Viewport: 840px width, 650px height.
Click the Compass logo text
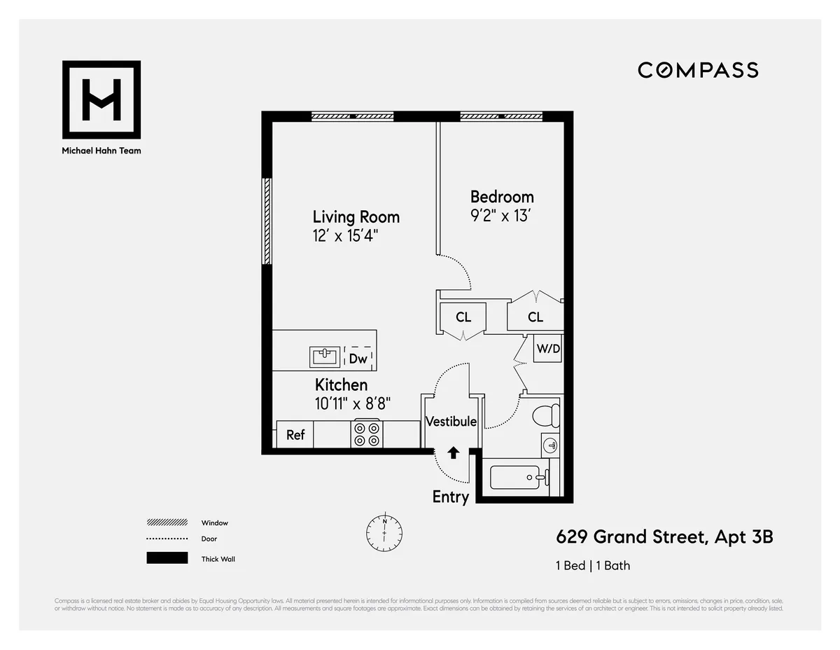click(698, 70)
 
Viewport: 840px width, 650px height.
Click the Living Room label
click(356, 216)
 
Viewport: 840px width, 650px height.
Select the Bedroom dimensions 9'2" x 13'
click(501, 216)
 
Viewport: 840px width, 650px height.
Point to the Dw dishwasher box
click(358, 359)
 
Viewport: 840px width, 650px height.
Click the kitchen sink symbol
click(325, 357)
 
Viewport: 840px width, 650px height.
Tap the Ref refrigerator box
click(295, 435)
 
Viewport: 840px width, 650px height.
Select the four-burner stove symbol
click(366, 434)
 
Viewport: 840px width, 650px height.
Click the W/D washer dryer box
click(548, 348)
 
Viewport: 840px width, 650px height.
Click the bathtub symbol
click(515, 478)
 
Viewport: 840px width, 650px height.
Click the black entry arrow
click(453, 452)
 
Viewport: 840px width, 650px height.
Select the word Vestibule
click(451, 422)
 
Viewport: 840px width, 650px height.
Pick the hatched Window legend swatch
click(167, 523)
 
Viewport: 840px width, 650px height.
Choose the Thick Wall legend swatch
click(167, 558)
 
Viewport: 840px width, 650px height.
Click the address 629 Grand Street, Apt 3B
click(664, 537)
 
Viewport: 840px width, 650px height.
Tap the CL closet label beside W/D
click(535, 317)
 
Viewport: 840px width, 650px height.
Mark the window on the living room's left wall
click(267, 221)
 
